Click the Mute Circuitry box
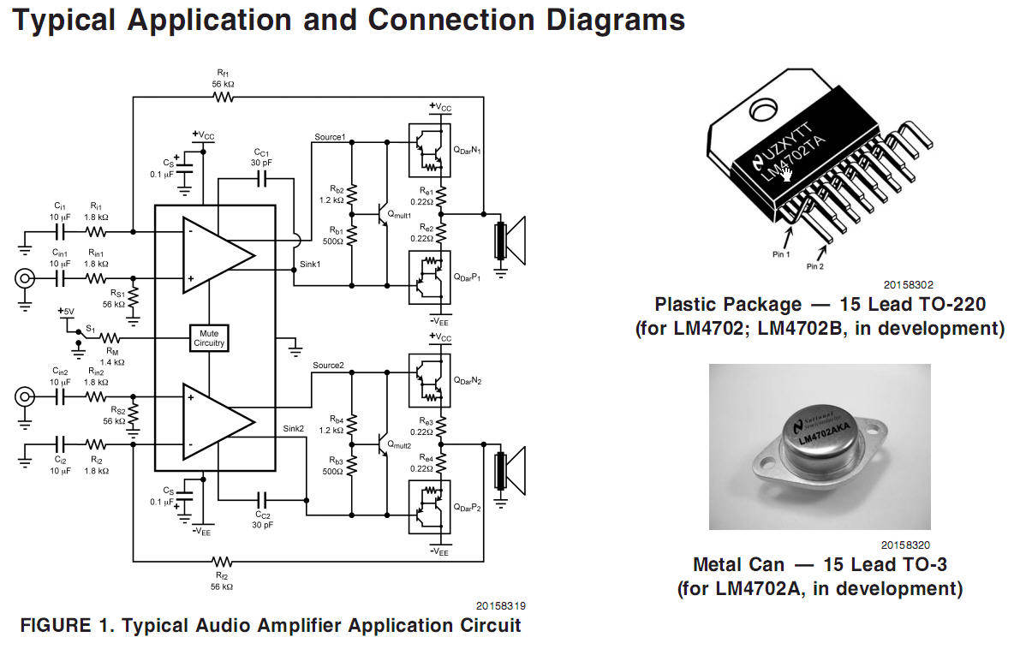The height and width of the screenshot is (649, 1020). click(209, 337)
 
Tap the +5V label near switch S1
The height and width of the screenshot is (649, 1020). click(67, 312)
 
